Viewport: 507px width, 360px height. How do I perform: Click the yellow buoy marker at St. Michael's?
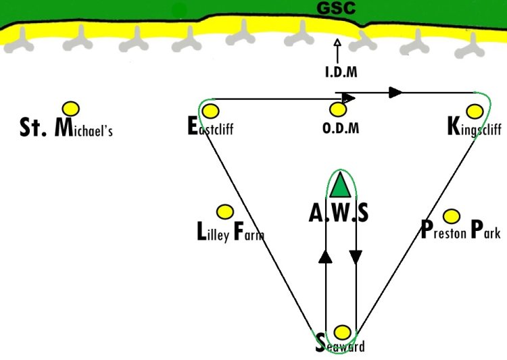pyautogui.click(x=71, y=109)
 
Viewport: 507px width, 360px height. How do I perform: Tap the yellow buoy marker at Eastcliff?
pyautogui.click(x=210, y=111)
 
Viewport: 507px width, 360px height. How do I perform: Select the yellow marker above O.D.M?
pyautogui.click(x=338, y=109)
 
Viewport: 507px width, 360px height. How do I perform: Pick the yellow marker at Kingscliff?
pyautogui.click(x=475, y=111)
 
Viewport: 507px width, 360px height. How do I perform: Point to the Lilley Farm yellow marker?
pyautogui.click(x=224, y=212)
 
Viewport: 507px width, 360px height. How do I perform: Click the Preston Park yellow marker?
pyautogui.click(x=452, y=216)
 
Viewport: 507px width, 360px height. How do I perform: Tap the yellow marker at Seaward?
pyautogui.click(x=342, y=332)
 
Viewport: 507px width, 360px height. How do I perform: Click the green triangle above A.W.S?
pyautogui.click(x=340, y=186)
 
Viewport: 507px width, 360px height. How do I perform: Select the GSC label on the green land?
pyautogui.click(x=336, y=8)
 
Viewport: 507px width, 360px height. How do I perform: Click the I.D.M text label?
pyautogui.click(x=341, y=72)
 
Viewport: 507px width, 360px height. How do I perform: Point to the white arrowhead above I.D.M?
pyautogui.click(x=337, y=43)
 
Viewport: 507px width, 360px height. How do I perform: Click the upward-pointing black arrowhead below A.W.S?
pyautogui.click(x=325, y=257)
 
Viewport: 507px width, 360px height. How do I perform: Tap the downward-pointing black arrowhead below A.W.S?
pyautogui.click(x=356, y=257)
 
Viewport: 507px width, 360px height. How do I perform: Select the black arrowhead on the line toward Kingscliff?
pyautogui.click(x=395, y=93)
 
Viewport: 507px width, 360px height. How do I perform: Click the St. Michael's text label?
pyautogui.click(x=66, y=127)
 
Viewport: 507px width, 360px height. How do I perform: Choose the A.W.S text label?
pyautogui.click(x=339, y=213)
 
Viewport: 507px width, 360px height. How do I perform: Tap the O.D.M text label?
pyautogui.click(x=341, y=128)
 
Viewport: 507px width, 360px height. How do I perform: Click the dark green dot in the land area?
pyautogui.click(x=179, y=10)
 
